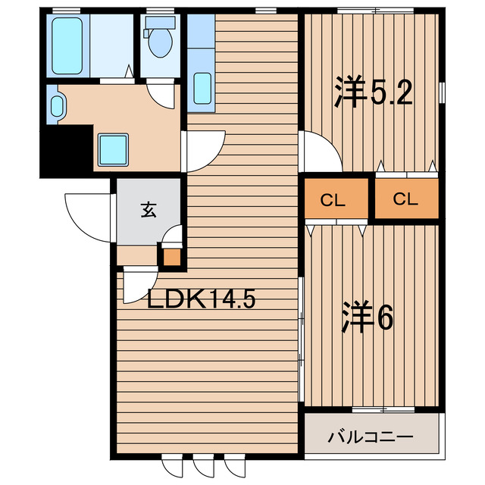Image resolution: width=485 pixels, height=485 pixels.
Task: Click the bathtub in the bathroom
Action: coord(69,45)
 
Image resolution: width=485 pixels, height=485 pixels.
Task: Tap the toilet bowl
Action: coord(160,42)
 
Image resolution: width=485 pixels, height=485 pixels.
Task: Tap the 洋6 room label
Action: coord(367,317)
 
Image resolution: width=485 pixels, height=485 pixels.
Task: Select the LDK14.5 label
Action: coord(201,299)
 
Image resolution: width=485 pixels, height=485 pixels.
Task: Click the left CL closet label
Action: coord(333,201)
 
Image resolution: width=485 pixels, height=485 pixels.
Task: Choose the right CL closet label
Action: coord(406,200)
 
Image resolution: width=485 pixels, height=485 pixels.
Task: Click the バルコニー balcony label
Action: coord(371,437)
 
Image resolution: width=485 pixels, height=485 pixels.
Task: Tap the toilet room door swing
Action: coord(161,95)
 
